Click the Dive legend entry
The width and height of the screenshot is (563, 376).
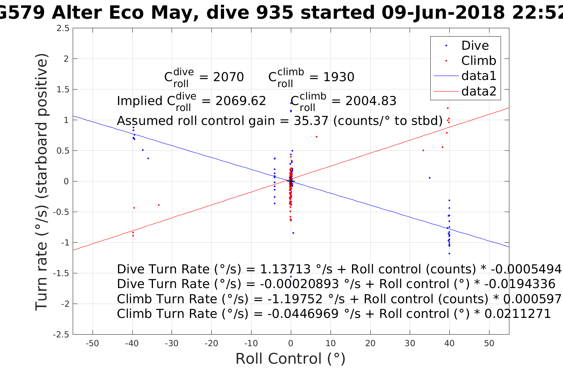click(x=475, y=45)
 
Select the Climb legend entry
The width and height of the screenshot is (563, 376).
click(x=478, y=60)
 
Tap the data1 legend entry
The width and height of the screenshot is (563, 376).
click(x=478, y=76)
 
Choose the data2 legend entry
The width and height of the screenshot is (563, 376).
click(x=478, y=91)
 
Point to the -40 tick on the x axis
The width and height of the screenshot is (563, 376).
click(x=132, y=343)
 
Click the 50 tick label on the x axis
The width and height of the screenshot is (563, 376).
click(x=489, y=343)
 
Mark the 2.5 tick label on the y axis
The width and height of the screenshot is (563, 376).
click(x=63, y=28)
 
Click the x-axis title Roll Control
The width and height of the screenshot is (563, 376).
click(x=290, y=358)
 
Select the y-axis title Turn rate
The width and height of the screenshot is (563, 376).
click(x=42, y=181)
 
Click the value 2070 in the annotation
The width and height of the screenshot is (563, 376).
click(x=228, y=77)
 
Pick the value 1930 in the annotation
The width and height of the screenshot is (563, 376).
click(x=339, y=77)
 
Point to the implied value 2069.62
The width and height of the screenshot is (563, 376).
click(x=240, y=101)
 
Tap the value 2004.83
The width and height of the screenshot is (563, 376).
click(x=371, y=101)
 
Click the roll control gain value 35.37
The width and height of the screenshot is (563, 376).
click(x=311, y=121)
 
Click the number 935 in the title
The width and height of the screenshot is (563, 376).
click(x=275, y=13)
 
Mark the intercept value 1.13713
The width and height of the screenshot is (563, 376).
click(x=285, y=269)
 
